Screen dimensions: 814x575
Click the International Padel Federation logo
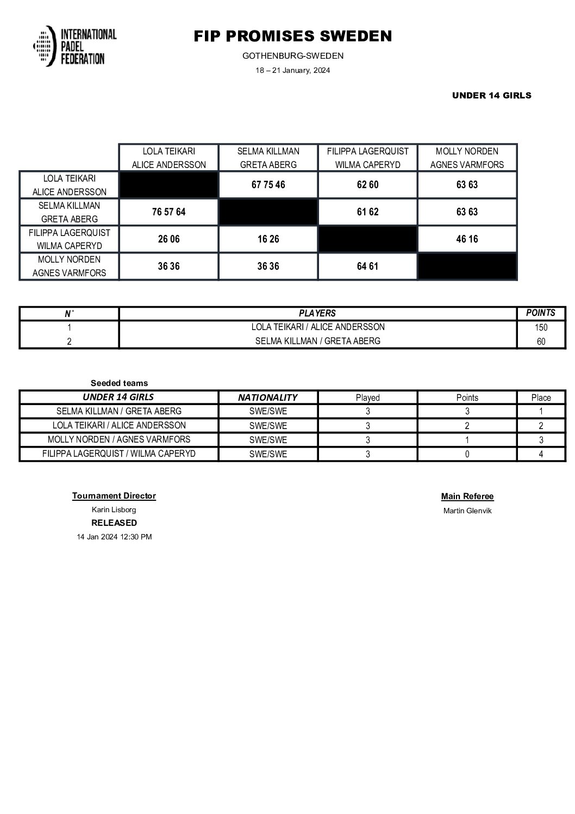pyautogui.click(x=74, y=46)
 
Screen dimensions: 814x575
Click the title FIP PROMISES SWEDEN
pyautogui.click(x=292, y=36)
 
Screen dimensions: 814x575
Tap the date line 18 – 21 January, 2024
pyautogui.click(x=292, y=71)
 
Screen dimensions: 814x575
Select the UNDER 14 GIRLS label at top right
pyautogui.click(x=491, y=96)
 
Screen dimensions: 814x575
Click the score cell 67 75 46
pyautogui.click(x=268, y=185)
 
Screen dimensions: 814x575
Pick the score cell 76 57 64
pyautogui.click(x=168, y=212)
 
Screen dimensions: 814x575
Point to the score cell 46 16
pyautogui.click(x=467, y=239)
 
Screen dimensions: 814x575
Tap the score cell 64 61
pyautogui.click(x=367, y=266)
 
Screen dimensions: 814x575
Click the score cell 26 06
pyautogui.click(x=168, y=239)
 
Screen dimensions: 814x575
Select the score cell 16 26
pyautogui.click(x=268, y=239)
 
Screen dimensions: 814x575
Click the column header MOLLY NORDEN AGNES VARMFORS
pyautogui.click(x=467, y=158)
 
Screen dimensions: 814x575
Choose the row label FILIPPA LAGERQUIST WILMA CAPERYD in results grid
pyautogui.click(x=69, y=239)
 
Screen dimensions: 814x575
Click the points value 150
pyautogui.click(x=541, y=327)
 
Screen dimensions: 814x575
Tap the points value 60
pyautogui.click(x=541, y=341)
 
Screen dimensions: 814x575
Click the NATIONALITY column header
pyautogui.click(x=267, y=397)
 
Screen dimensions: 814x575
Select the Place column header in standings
pyautogui.click(x=541, y=397)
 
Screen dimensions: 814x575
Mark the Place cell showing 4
pyautogui.click(x=541, y=454)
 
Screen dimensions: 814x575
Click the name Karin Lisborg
pyautogui.click(x=114, y=510)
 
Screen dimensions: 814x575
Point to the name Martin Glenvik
pyautogui.click(x=467, y=511)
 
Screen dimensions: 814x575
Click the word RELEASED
pyautogui.click(x=114, y=523)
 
